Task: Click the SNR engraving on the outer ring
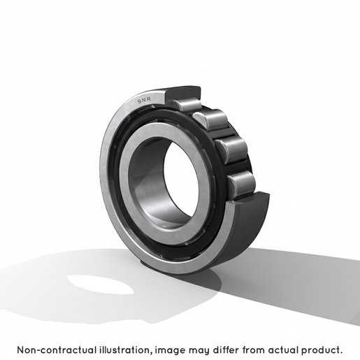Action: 144,100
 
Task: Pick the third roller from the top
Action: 231,150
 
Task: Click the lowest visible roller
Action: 241,185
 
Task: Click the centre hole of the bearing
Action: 181,181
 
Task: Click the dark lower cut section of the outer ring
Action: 247,224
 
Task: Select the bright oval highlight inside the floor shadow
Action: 101,285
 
